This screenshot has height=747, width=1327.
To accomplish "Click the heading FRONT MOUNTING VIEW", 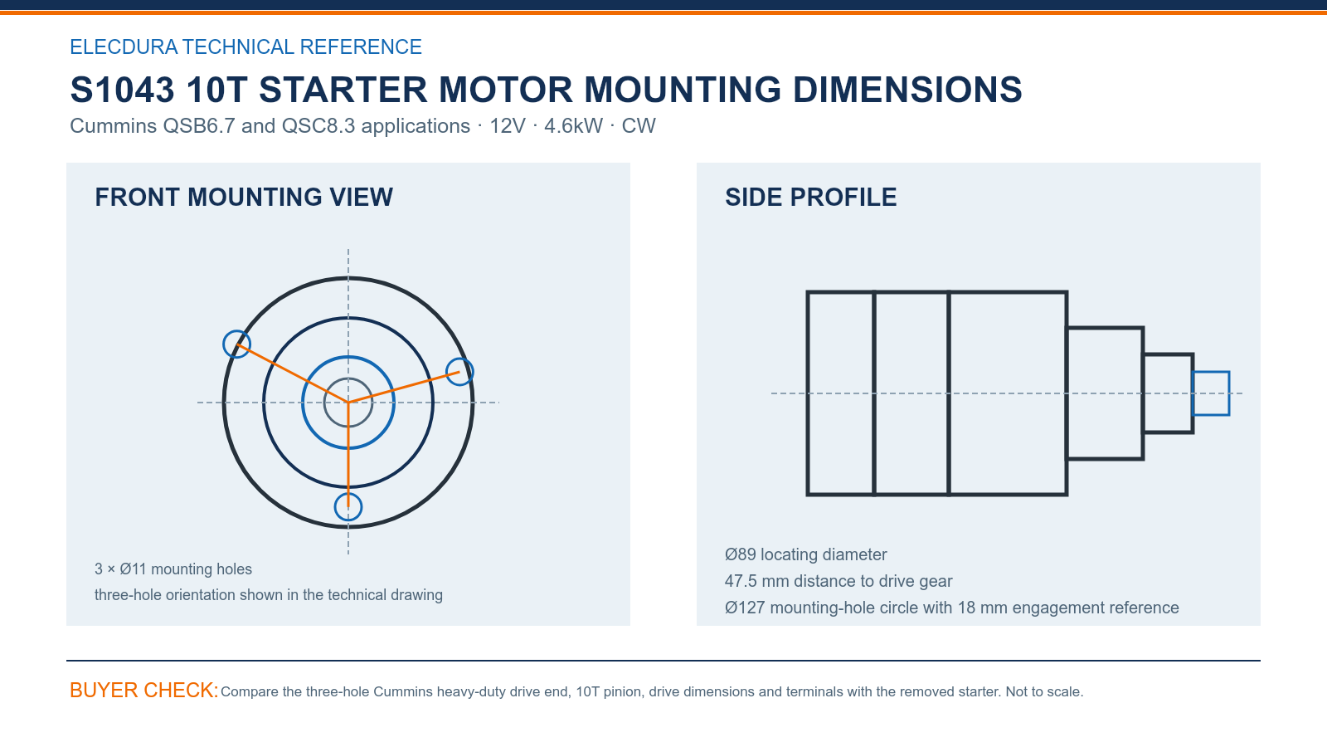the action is coord(244,198).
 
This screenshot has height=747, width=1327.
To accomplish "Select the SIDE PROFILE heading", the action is coord(810,198).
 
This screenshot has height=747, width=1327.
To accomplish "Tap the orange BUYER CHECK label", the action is coord(144,690).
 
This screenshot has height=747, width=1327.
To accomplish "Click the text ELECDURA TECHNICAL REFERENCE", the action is coord(245,46).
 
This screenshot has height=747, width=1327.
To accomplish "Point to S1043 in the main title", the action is coord(122,90).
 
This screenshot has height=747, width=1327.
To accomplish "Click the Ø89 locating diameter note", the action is coord(805,554).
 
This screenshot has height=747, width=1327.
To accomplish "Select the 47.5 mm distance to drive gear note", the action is coord(838,581).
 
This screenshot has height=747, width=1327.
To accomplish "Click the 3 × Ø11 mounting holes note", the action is coord(173,569).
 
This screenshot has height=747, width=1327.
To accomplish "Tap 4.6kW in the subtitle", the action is coord(573,125).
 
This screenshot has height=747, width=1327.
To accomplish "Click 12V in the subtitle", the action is coord(507,125).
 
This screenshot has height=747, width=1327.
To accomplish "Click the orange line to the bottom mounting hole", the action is coord(348,455).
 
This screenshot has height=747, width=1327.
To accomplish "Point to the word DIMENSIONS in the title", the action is coord(907,90).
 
